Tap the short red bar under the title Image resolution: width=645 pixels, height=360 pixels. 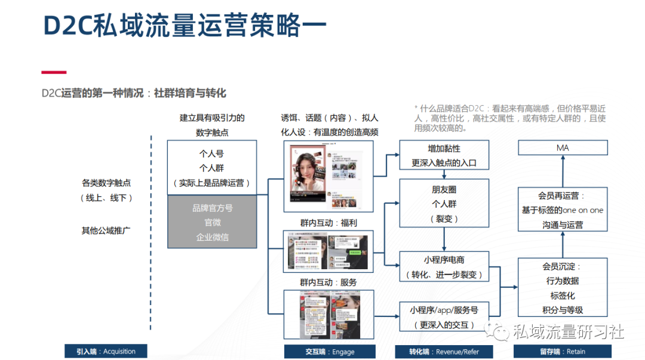[x=54, y=72]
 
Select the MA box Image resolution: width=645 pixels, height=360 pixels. [x=562, y=147]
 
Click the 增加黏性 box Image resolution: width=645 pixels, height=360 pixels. [x=444, y=155]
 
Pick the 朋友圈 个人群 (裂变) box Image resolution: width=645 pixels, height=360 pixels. [x=444, y=204]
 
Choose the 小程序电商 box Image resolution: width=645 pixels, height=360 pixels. [x=444, y=267]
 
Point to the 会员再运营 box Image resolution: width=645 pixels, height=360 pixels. [x=562, y=210]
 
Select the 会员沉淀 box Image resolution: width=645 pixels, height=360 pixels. [x=562, y=288]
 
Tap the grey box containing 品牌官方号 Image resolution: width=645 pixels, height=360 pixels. [x=212, y=222]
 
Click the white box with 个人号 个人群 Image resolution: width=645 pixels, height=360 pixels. [x=212, y=168]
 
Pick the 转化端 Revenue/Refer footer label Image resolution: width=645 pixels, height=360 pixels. [x=444, y=352]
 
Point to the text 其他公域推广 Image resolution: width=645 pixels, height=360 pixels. [x=106, y=230]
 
